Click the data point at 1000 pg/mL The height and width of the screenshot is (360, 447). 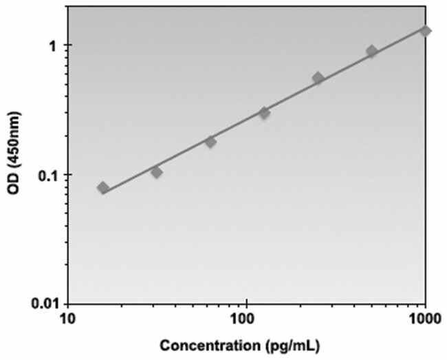tap(426, 31)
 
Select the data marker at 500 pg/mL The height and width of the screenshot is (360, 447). tap(371, 52)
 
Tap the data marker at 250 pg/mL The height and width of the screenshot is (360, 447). tap(318, 78)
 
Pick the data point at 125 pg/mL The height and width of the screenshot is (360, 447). tap(264, 112)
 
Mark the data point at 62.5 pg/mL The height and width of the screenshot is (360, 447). tap(210, 142)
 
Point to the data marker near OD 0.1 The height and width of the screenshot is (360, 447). tap(157, 172)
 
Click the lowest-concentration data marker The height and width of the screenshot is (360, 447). tap(103, 188)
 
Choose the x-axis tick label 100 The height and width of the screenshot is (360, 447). tap(243, 319)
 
